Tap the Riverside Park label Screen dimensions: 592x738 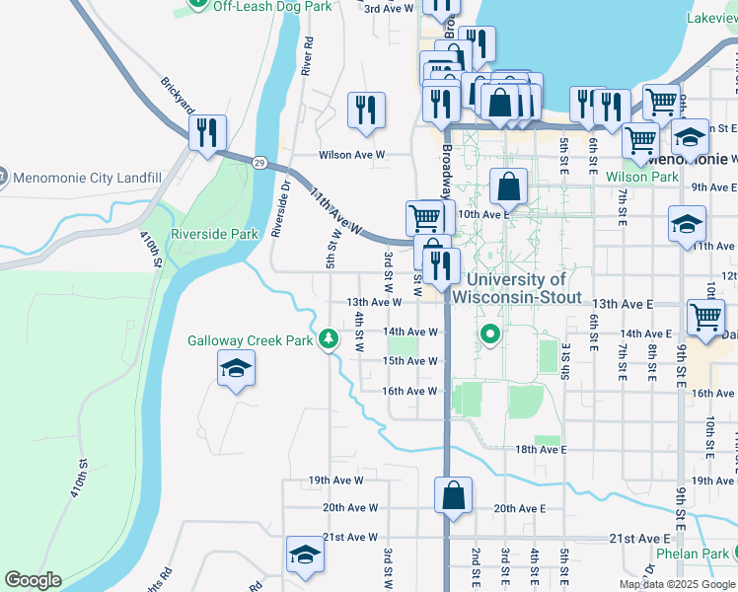(x=214, y=234)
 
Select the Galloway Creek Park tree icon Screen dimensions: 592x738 (x=330, y=340)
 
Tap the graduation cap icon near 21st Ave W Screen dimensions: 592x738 (x=305, y=555)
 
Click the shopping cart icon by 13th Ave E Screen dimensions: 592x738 (x=706, y=317)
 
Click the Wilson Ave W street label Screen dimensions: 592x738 (x=350, y=155)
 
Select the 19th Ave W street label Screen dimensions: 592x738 (x=335, y=481)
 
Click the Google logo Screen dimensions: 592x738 (x=33, y=580)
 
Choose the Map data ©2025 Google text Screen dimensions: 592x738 (x=677, y=584)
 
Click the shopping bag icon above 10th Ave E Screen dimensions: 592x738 (x=508, y=185)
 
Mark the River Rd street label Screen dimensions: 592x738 (x=308, y=57)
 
